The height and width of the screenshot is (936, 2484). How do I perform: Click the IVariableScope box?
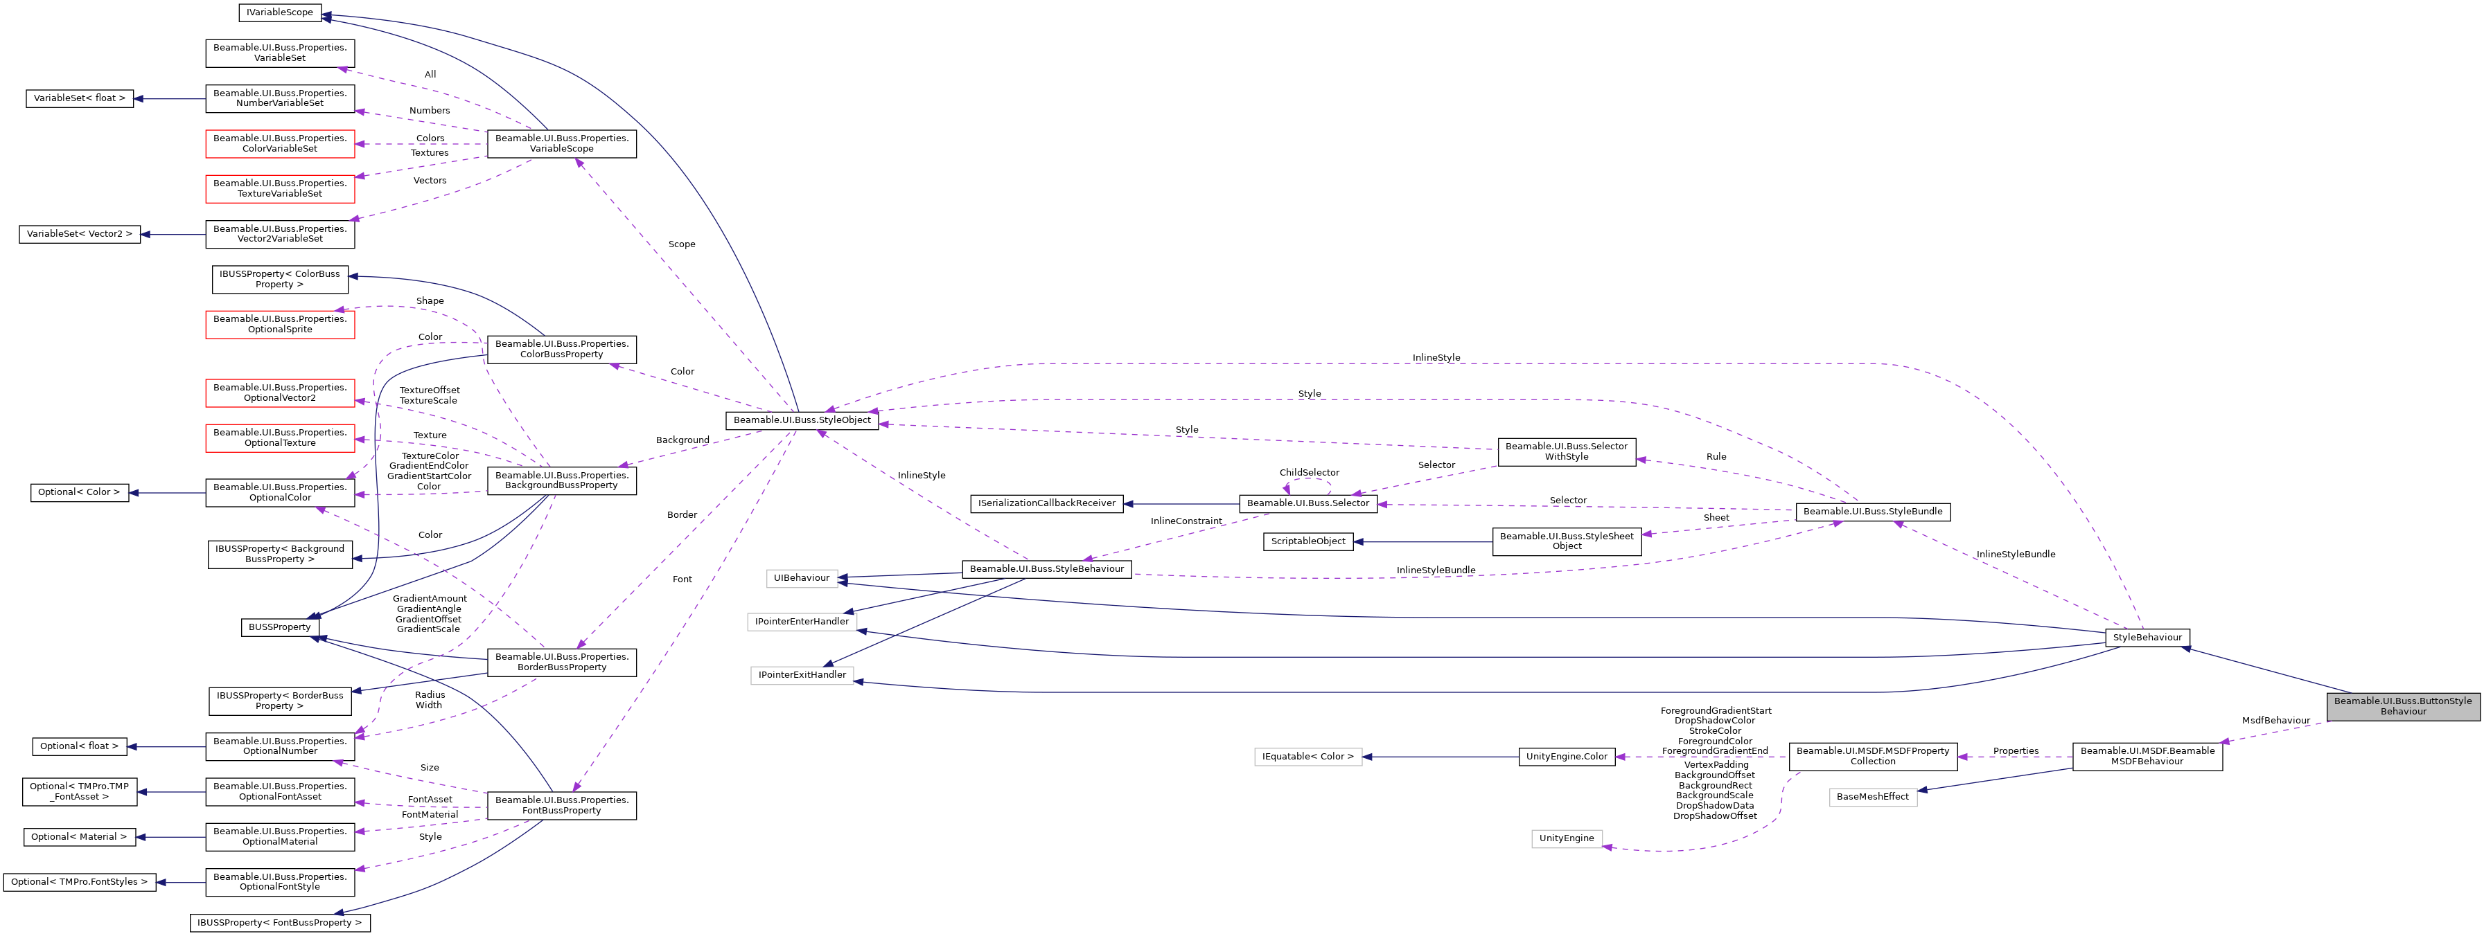[x=280, y=12]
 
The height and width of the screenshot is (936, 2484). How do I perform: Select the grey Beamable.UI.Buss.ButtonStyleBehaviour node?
[x=2402, y=705]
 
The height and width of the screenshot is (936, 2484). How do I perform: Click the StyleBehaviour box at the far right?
[x=2147, y=637]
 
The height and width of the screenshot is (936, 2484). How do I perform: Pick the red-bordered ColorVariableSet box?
[x=280, y=143]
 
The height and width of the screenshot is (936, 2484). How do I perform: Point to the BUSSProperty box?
[x=280, y=627]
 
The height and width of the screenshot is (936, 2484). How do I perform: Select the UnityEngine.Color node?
[x=1566, y=757]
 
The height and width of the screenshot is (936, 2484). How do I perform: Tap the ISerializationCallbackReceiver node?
[x=1046, y=503]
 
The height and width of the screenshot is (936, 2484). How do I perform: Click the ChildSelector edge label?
[x=1309, y=472]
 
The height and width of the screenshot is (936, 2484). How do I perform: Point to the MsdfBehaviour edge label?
[x=2275, y=720]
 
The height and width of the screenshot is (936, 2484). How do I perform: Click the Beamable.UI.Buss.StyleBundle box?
[x=1871, y=512]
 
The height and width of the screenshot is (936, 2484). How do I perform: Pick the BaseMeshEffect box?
[x=1871, y=796]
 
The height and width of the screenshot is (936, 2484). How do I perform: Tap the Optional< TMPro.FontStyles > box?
[x=79, y=882]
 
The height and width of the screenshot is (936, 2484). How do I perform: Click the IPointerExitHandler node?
[x=801, y=675]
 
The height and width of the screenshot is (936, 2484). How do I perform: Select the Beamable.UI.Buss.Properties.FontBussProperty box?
[x=561, y=805]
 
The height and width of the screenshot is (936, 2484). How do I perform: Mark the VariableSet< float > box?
[x=79, y=98]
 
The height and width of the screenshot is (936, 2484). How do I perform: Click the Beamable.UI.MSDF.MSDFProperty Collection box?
[x=1871, y=756]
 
